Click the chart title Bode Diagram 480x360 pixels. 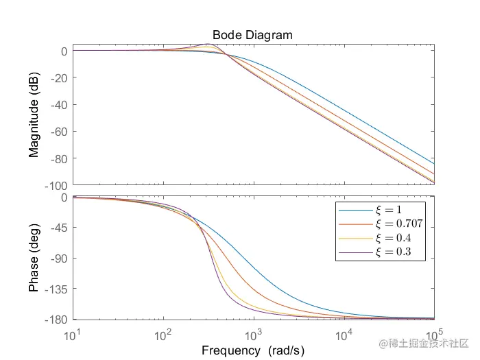[253, 35]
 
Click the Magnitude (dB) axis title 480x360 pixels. [34, 117]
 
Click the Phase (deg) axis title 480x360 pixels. [34, 258]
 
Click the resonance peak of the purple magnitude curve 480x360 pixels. [208, 45]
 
